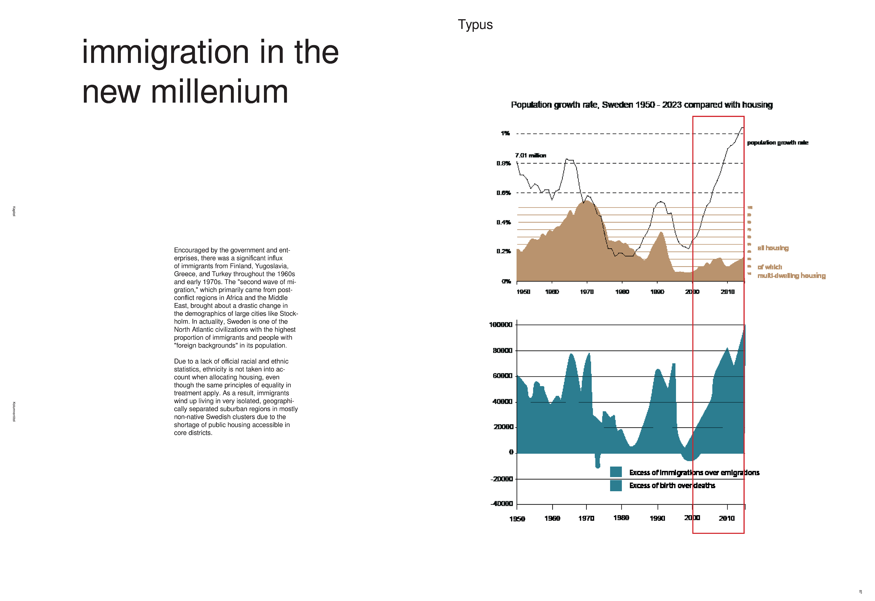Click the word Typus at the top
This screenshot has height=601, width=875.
tap(475, 25)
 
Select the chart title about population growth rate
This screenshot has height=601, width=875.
tap(641, 105)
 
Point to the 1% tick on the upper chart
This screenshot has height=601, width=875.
tap(505, 133)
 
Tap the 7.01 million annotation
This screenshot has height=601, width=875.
tap(530, 155)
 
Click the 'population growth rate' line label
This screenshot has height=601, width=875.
tap(777, 143)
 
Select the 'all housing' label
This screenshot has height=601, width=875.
tap(773, 248)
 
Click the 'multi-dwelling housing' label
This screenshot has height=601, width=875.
tap(791, 276)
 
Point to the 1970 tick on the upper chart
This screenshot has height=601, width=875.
tap(587, 292)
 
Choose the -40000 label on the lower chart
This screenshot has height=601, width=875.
tap(502, 504)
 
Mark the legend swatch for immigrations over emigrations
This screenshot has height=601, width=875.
tap(616, 472)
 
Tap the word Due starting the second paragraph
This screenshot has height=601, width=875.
tap(180, 362)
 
